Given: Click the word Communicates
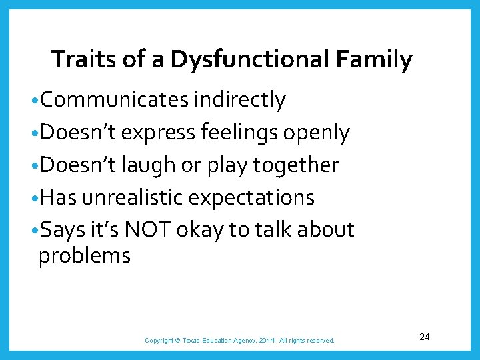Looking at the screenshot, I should (114, 100).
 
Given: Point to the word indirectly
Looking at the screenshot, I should (239, 100).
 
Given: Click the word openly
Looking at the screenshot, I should (316, 133).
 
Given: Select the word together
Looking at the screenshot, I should (298, 165).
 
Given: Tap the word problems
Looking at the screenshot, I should (85, 255).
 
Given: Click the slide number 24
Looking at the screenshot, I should (425, 337).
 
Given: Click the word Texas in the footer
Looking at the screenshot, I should (197, 341).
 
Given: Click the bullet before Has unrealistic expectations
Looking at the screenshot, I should (34, 198).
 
